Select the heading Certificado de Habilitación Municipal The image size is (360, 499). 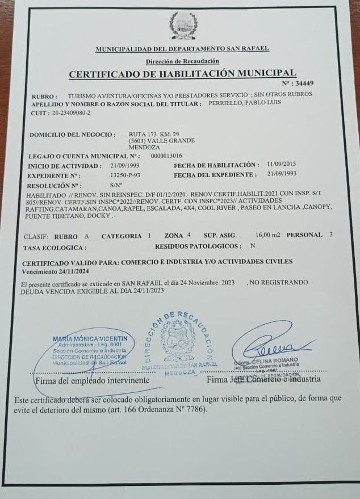(182, 73)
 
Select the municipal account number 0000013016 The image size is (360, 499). (167, 155)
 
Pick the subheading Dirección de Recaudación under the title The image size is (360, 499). (182, 61)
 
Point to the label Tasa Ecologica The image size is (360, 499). (55, 248)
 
